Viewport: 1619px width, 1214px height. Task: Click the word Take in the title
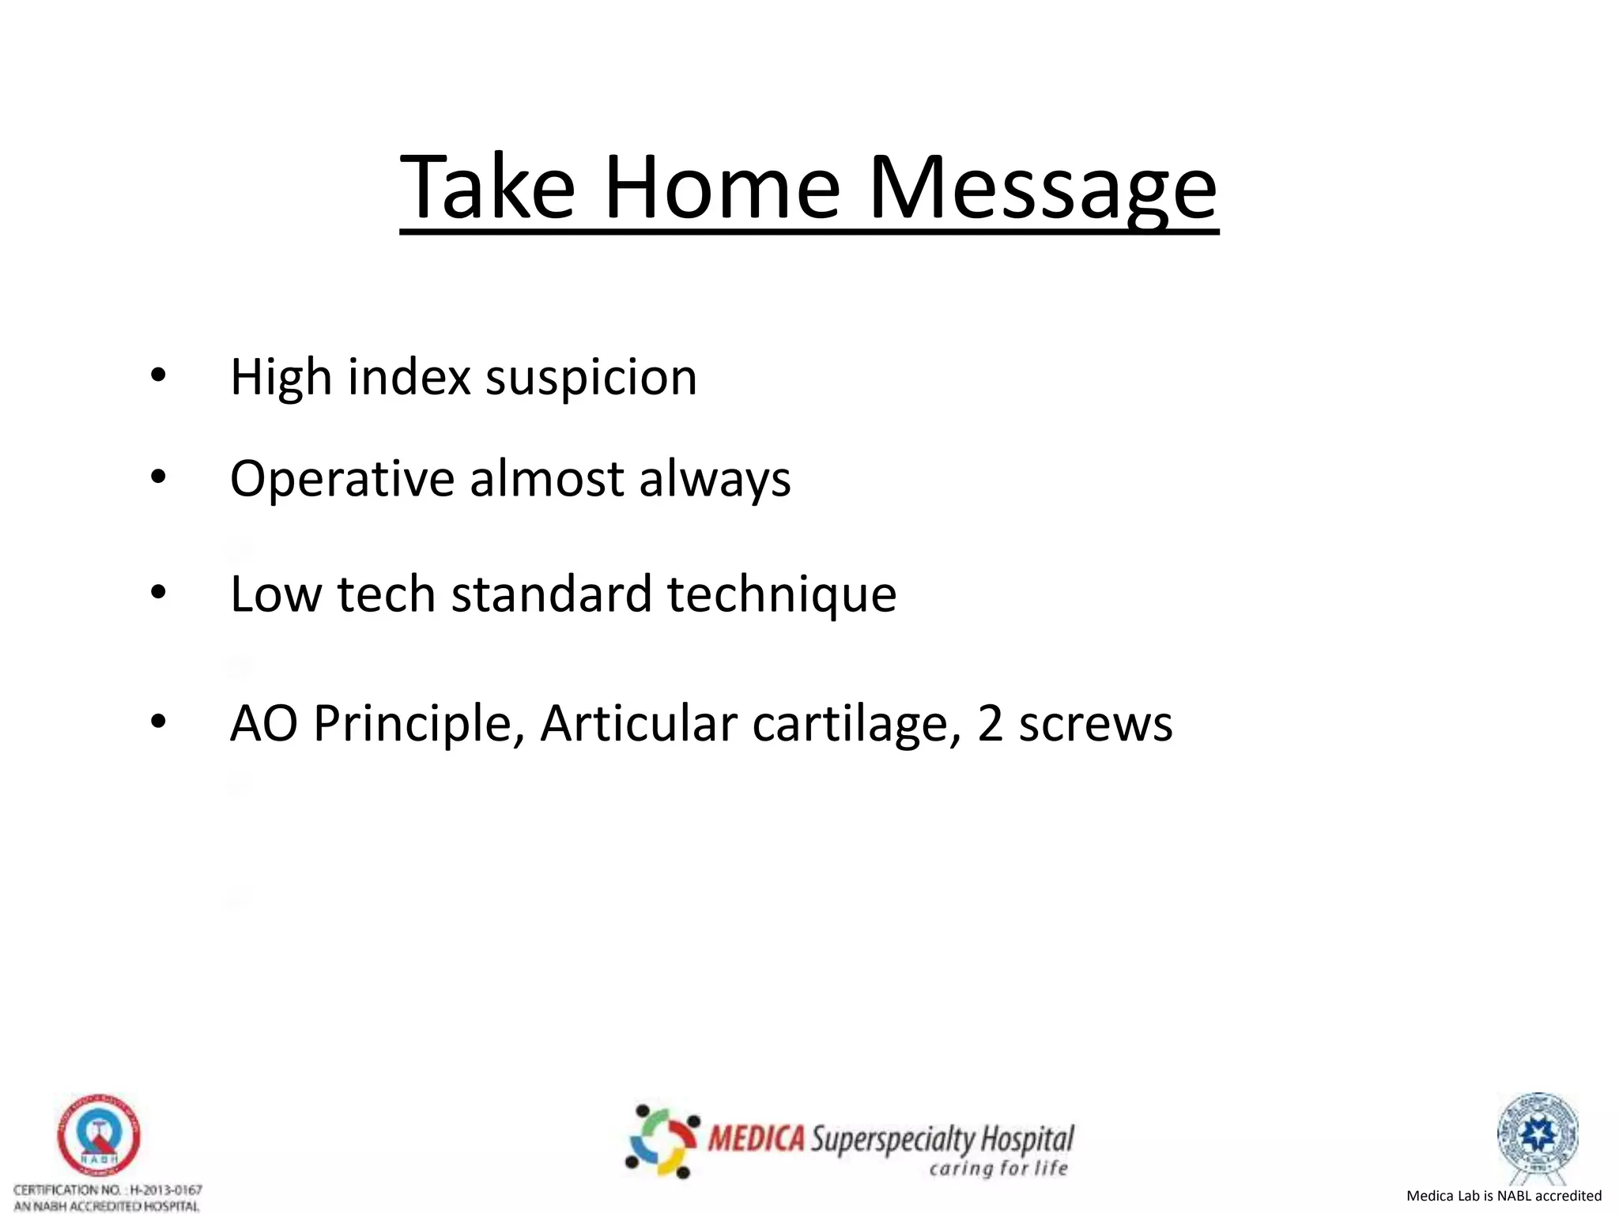pyautogui.click(x=488, y=187)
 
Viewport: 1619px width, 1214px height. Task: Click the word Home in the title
pyautogui.click(x=722, y=187)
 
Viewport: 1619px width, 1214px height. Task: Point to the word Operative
pyautogui.click(x=342, y=480)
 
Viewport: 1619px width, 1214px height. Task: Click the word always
pyautogui.click(x=714, y=479)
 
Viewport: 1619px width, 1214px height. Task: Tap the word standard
pyautogui.click(x=551, y=594)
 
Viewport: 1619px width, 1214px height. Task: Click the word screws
pyautogui.click(x=1095, y=724)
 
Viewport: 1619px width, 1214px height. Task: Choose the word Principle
pyautogui.click(x=419, y=724)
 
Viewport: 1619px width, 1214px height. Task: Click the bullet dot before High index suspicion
pyautogui.click(x=158, y=376)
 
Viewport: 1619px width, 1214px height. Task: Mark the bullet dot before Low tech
pyautogui.click(x=158, y=593)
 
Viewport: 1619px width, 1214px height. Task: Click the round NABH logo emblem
pyautogui.click(x=99, y=1136)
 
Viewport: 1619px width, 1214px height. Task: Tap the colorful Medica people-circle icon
pyautogui.click(x=662, y=1140)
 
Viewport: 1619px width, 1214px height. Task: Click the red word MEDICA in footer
pyautogui.click(x=757, y=1140)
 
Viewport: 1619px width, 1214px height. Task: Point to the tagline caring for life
pyautogui.click(x=998, y=1168)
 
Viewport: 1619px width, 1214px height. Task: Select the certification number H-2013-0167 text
pyautogui.click(x=166, y=1189)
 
